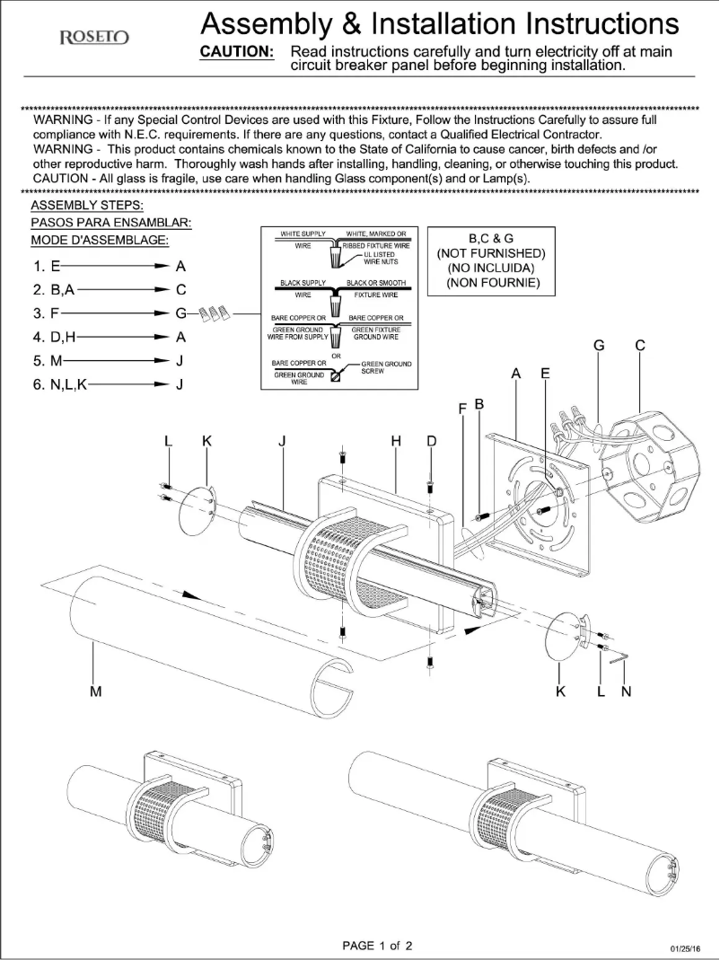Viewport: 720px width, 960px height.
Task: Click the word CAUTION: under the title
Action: point(236,52)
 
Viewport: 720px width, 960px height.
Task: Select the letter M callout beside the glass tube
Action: point(95,691)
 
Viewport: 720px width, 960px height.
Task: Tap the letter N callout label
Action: point(627,691)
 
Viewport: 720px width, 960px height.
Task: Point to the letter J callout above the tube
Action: point(282,440)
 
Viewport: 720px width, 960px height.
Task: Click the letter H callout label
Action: point(395,440)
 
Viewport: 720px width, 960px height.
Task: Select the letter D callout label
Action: point(432,440)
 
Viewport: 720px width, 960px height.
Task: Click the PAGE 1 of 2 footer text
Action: point(378,945)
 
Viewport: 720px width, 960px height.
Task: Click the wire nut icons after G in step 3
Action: point(215,314)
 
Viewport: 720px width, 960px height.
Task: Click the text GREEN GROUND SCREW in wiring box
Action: point(386,367)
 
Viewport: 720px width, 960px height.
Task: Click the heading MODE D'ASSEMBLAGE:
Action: point(99,241)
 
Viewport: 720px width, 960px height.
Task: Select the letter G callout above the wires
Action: point(599,345)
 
